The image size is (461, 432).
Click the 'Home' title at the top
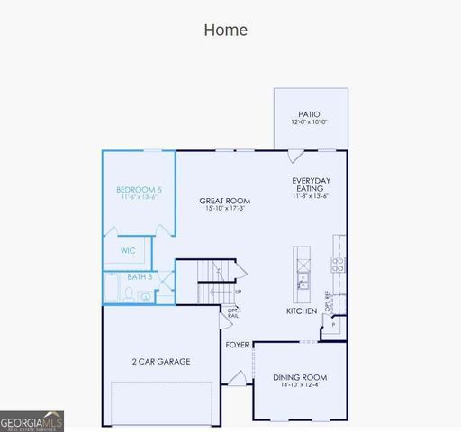[225, 30]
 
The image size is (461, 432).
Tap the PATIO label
[310, 114]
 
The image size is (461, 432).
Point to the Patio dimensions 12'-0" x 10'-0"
[310, 122]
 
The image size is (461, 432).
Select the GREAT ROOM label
[224, 201]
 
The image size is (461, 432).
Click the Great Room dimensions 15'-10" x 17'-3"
[224, 209]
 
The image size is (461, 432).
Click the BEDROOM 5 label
[139, 190]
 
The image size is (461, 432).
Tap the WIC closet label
[128, 251]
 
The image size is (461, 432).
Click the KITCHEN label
[302, 311]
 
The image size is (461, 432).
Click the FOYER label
[237, 345]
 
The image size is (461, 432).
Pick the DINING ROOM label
[300, 377]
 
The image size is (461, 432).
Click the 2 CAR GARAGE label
[161, 361]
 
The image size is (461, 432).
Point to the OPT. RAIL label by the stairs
[232, 313]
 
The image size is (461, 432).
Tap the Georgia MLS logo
[32, 420]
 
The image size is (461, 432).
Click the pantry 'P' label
[333, 324]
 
